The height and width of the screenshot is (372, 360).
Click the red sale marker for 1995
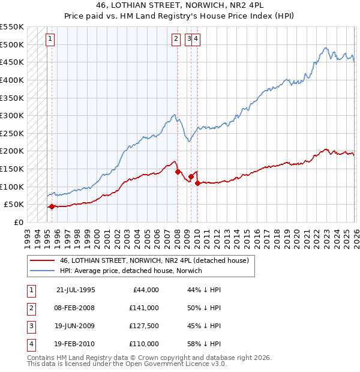coord(52,206)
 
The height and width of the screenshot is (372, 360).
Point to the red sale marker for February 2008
coord(178,172)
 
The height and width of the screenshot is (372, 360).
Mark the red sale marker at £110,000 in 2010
coord(197,183)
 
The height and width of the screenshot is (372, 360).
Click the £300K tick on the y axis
coord(12,115)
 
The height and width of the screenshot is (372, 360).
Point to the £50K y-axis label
coord(14,205)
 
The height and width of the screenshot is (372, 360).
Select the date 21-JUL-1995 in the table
coord(75,290)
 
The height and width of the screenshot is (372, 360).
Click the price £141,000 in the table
coord(144,308)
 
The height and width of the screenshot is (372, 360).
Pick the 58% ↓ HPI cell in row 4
coord(204,344)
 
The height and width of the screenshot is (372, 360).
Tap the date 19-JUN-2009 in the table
coord(75,326)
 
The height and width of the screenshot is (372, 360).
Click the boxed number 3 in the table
coord(31,326)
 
